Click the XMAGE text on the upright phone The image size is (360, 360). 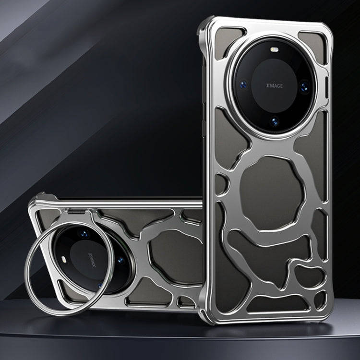(x=275, y=86)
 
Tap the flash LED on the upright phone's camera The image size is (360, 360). (x=274, y=49)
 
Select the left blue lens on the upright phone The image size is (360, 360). (x=243, y=84)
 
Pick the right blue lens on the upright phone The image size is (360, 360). (x=305, y=87)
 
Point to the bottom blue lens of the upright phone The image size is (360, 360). (x=275, y=122)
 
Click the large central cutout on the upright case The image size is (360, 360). (x=271, y=193)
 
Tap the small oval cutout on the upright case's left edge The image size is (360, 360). (x=221, y=184)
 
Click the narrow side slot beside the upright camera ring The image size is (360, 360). (x=326, y=87)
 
